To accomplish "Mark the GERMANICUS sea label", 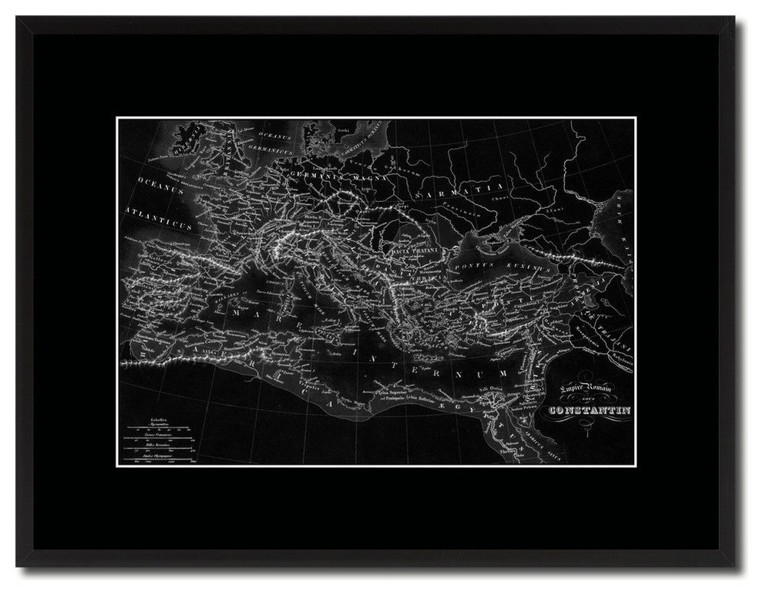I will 251,155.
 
